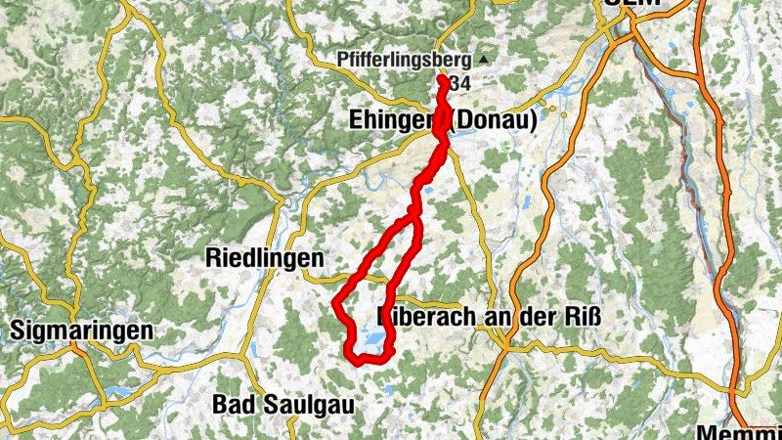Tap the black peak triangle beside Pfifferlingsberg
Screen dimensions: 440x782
[482, 59]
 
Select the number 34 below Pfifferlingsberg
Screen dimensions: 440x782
[460, 84]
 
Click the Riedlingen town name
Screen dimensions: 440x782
[265, 258]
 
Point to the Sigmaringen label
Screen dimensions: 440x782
[81, 330]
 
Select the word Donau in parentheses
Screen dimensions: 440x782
[493, 121]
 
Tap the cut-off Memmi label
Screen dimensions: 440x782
[739, 431]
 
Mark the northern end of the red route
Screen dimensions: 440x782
[442, 79]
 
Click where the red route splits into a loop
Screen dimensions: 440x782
[416, 215]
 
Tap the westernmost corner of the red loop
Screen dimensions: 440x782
[335, 303]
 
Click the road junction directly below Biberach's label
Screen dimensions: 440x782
[505, 342]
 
